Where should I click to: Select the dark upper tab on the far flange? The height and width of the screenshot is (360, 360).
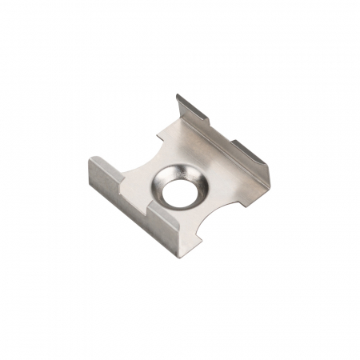point(191,109)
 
